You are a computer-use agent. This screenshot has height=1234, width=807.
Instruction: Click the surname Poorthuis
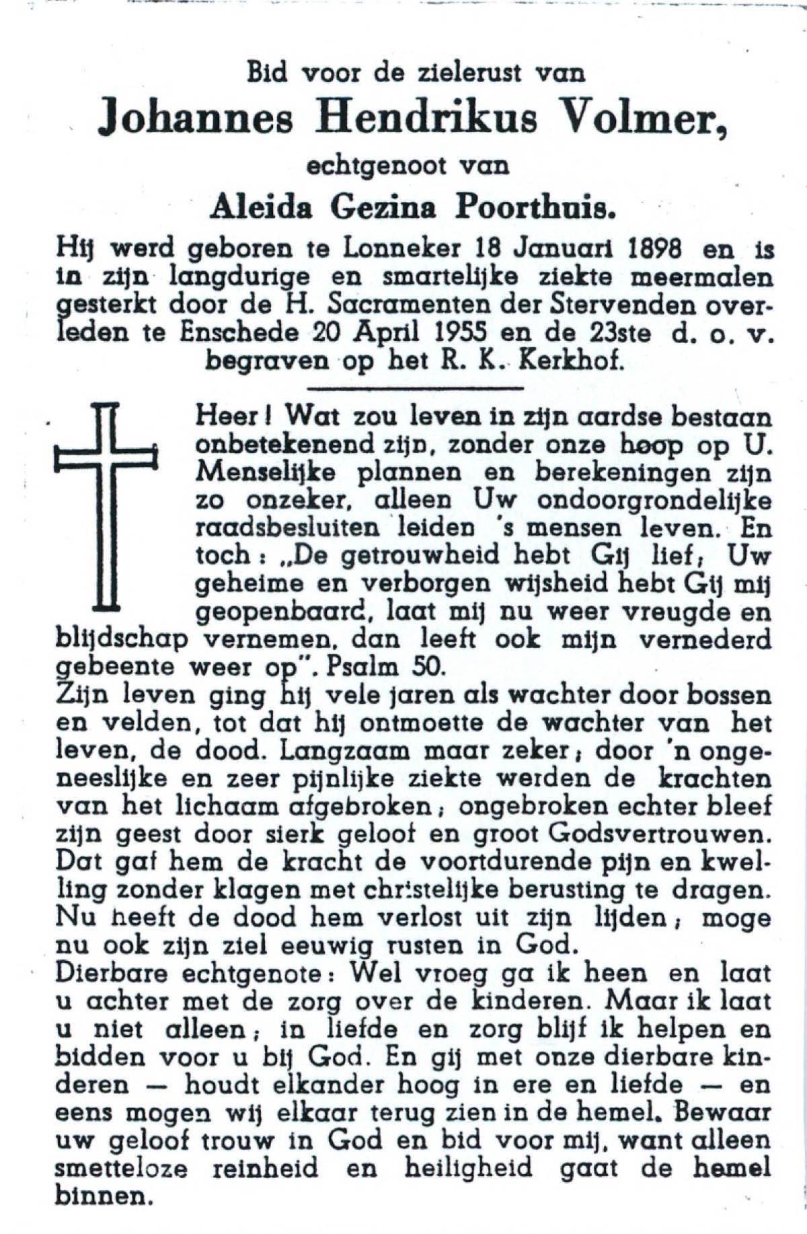click(x=536, y=209)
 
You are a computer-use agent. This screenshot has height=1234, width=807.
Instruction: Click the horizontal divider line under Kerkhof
click(x=414, y=388)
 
